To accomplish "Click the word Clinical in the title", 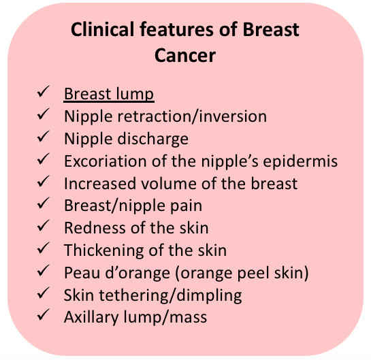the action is [x=103, y=29].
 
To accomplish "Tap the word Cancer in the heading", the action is [x=185, y=55].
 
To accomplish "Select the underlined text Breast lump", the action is [x=109, y=94].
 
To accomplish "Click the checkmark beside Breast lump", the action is [x=44, y=91].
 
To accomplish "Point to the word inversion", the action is [x=233, y=116].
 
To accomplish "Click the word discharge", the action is [x=153, y=139].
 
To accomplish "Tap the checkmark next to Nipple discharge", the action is [x=44, y=136].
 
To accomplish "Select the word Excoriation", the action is [x=106, y=161].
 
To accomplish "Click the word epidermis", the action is [x=300, y=161].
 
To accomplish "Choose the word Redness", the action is [x=95, y=228].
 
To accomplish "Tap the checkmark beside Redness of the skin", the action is [x=44, y=225].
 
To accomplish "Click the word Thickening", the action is [x=104, y=250].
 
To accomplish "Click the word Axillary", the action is [x=91, y=318].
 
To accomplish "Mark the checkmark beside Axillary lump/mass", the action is [x=44, y=315].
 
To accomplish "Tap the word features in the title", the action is [x=176, y=29].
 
